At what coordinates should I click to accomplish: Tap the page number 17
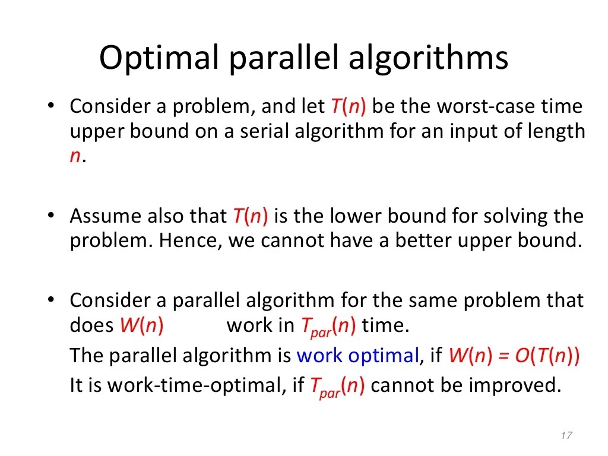coord(565,436)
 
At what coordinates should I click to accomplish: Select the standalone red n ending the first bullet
coord(75,157)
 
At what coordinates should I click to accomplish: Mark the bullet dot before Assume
coord(52,216)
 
